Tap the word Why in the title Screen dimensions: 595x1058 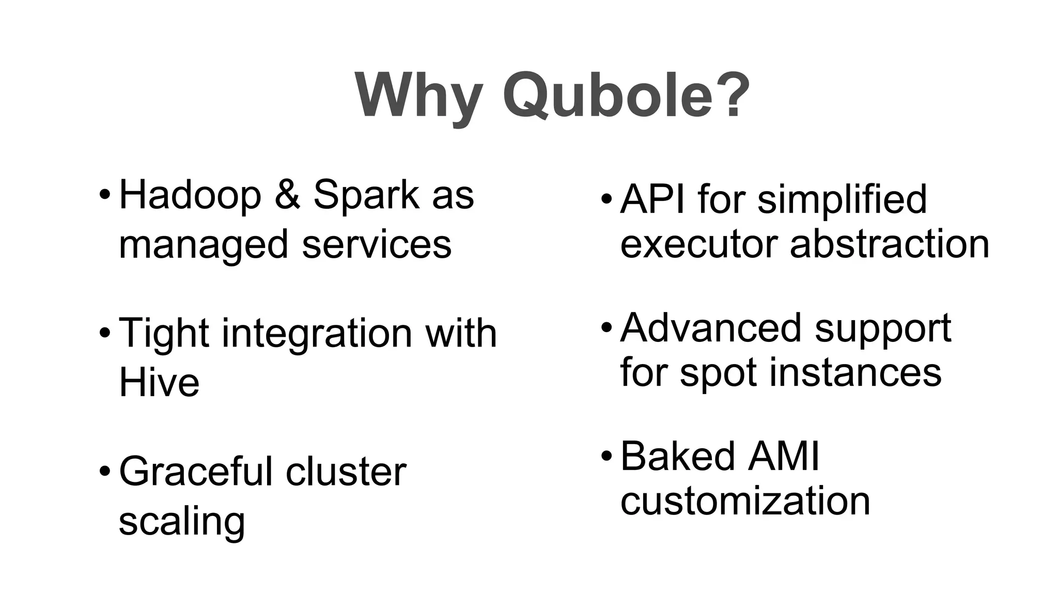[x=418, y=96]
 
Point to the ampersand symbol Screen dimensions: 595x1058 [x=287, y=195]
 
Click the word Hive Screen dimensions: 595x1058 [x=159, y=383]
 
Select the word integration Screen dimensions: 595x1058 [x=316, y=333]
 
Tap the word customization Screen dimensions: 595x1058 [x=745, y=501]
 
